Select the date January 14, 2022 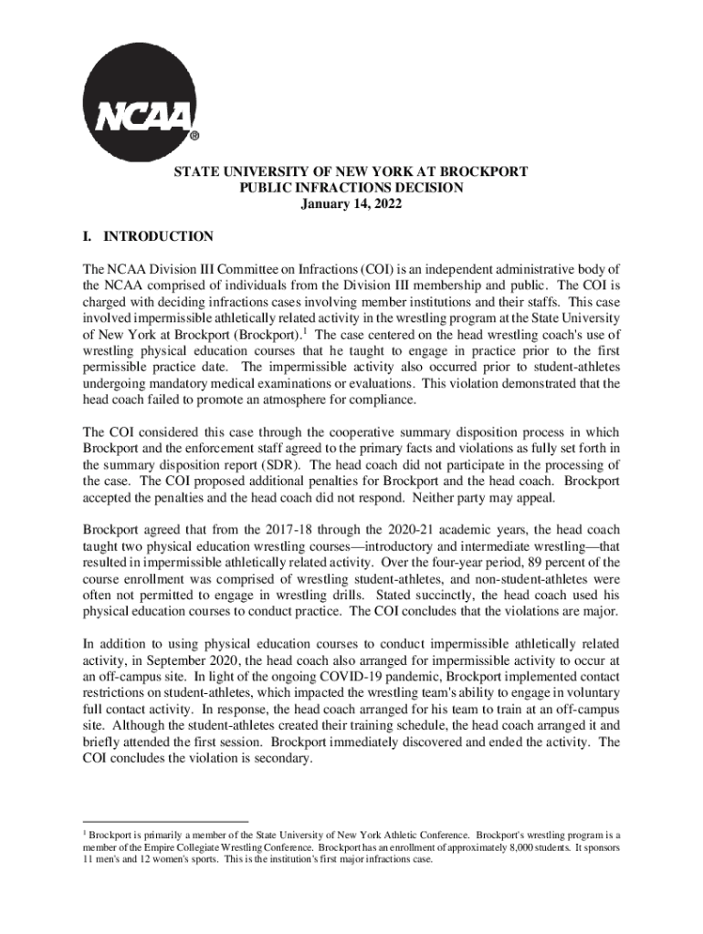tap(351, 204)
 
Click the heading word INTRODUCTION tap(159, 237)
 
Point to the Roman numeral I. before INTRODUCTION tap(88, 237)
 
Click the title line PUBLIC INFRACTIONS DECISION tap(351, 188)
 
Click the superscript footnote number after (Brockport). tap(305, 329)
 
